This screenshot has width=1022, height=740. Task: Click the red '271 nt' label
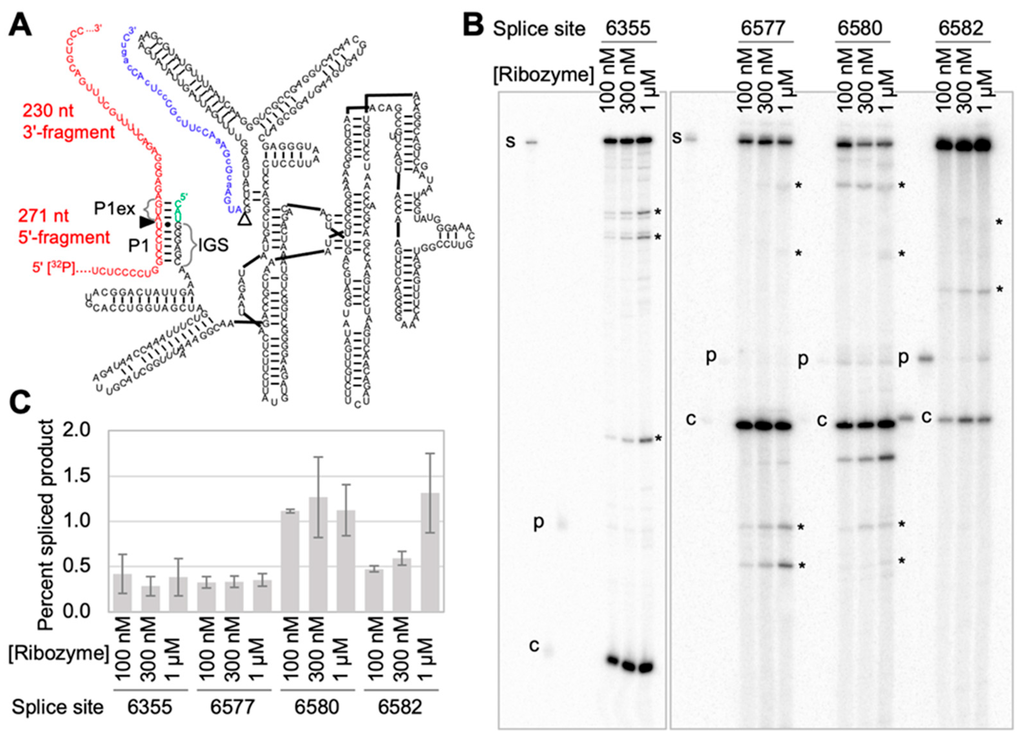point(44,216)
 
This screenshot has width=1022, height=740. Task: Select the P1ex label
point(114,209)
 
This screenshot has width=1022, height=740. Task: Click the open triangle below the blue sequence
point(244,219)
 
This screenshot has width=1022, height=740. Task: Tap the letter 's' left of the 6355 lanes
point(510,141)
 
